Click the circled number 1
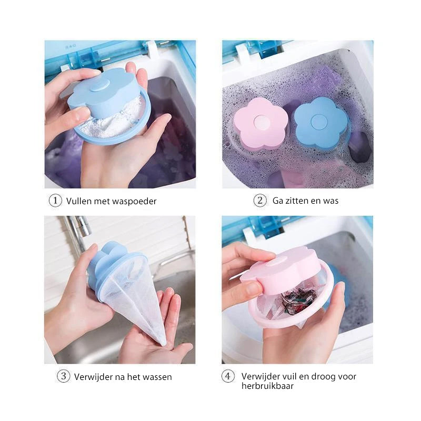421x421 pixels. pos(55,201)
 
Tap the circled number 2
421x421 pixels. pos(260,201)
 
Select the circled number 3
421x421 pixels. pos(64,376)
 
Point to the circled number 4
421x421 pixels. pos(228,376)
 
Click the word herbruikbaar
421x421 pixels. pos(267,386)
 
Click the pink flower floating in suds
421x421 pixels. pos(260,124)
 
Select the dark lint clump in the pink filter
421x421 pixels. pos(298,300)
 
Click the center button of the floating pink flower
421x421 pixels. pos(261,123)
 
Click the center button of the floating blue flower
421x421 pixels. pos(319,122)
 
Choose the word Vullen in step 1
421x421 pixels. pos(78,201)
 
